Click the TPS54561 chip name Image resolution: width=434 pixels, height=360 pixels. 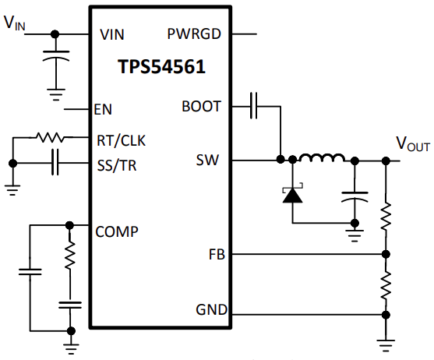[x=161, y=67]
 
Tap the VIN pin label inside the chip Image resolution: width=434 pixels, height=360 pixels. [x=112, y=34]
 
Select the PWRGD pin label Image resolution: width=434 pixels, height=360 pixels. [x=194, y=34]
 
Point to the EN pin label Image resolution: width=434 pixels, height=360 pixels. [x=103, y=109]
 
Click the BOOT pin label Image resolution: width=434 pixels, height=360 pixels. [x=202, y=107]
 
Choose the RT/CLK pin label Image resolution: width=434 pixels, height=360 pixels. [x=121, y=140]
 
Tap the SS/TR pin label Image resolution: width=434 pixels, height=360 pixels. [x=117, y=165]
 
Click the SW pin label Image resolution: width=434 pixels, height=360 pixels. [x=207, y=160]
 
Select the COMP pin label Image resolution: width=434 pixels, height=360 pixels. [x=117, y=231]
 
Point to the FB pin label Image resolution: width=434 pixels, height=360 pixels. [x=217, y=255]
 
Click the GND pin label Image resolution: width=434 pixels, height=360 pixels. [x=212, y=309]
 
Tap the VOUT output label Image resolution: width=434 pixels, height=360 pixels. [x=413, y=144]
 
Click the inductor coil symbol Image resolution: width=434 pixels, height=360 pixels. [x=323, y=157]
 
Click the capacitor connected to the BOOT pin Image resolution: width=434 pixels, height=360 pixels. [x=253, y=106]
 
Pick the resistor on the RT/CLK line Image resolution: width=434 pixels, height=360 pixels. [x=50, y=137]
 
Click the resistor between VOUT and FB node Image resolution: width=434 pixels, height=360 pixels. [x=386, y=216]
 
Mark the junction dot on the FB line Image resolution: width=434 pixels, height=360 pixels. [x=386, y=254]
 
